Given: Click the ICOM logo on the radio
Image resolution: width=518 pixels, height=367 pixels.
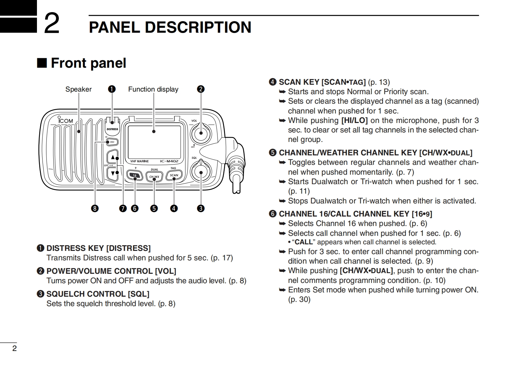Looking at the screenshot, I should pyautogui.click(x=66, y=121).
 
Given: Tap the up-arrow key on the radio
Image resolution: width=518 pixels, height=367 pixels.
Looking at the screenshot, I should pyautogui.click(x=113, y=157).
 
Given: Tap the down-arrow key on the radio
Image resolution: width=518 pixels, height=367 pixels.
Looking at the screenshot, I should pyautogui.click(x=113, y=173).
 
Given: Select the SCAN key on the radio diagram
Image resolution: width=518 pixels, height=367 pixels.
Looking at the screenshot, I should pyautogui.click(x=174, y=175).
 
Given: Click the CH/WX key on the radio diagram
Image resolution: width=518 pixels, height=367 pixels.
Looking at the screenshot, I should pyautogui.click(x=154, y=177).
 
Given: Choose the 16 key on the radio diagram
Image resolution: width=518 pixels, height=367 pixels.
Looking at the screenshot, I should pyautogui.click(x=135, y=176).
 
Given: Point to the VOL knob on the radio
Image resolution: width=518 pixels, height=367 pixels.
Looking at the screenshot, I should pyautogui.click(x=200, y=132).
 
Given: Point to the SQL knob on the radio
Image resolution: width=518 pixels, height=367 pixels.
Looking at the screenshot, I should pyautogui.click(x=200, y=171).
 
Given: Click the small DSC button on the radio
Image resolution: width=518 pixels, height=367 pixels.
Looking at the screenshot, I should pyautogui.click(x=112, y=142).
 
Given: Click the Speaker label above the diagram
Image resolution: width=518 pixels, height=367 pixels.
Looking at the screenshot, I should pyautogui.click(x=78, y=89).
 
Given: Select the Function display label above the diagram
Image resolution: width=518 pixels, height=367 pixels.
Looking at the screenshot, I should pyautogui.click(x=153, y=89).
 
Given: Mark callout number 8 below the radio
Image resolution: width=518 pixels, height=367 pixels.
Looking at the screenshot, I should pyautogui.click(x=95, y=208).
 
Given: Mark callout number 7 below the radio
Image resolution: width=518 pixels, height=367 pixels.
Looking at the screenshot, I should pyautogui.click(x=123, y=208).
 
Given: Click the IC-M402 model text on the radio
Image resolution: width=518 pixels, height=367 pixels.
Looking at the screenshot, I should pyautogui.click(x=169, y=161).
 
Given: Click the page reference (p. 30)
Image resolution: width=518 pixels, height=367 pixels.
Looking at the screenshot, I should pyautogui.click(x=299, y=299).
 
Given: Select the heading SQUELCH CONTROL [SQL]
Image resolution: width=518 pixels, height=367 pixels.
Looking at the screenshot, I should pyautogui.click(x=98, y=294).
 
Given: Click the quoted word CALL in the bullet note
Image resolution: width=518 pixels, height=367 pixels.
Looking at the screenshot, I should pyautogui.click(x=304, y=242).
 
